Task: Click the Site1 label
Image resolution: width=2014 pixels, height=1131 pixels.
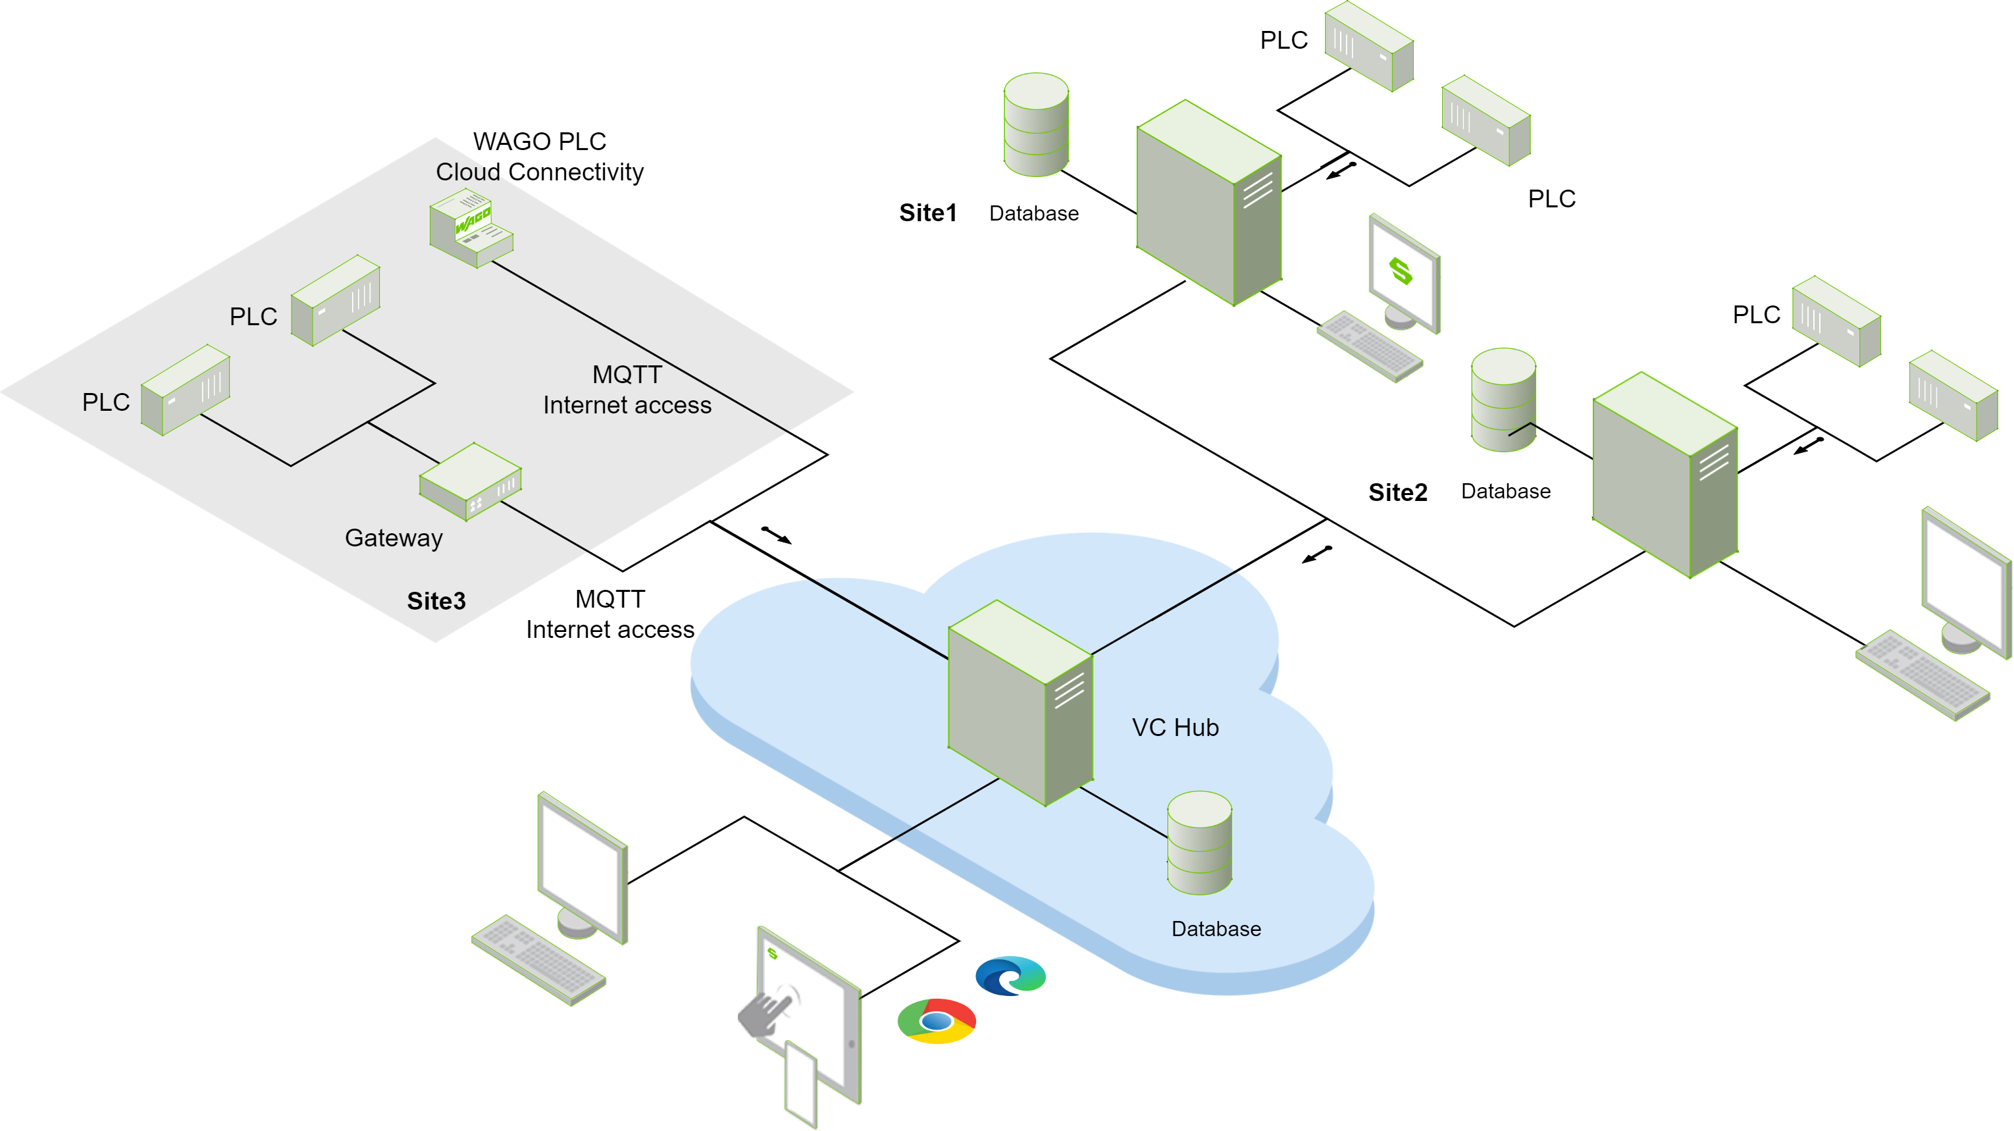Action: (x=927, y=213)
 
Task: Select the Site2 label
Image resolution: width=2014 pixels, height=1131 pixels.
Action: (x=1397, y=492)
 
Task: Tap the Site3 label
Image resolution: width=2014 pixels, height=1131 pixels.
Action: (x=436, y=600)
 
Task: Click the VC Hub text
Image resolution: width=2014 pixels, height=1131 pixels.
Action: (x=1174, y=727)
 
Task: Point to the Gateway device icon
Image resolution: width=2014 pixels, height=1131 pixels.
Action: (x=470, y=481)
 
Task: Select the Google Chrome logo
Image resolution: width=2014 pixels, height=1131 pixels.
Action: (x=936, y=1020)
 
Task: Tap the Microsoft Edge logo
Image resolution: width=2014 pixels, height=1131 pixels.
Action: (x=1010, y=976)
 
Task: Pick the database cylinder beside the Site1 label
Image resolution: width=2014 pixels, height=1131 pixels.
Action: (x=1036, y=124)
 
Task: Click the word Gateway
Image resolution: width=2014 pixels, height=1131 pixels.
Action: (x=394, y=538)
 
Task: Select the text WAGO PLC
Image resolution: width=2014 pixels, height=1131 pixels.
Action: (x=540, y=142)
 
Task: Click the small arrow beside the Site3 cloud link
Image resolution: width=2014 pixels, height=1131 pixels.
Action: (x=777, y=535)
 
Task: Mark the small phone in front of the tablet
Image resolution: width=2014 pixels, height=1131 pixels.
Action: (x=800, y=1084)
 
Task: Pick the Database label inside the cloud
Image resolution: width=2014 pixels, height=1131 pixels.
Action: (x=1216, y=928)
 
